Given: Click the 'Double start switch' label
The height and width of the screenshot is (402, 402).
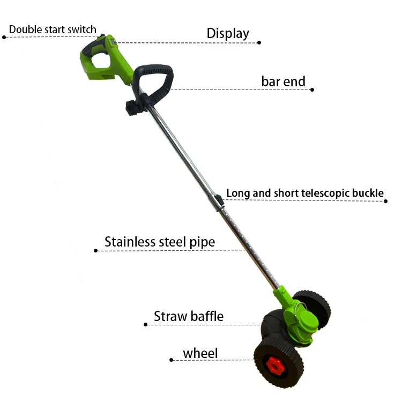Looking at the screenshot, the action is pyautogui.click(x=53, y=29).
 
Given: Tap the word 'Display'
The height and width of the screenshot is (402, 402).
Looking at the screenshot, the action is pyautogui.click(x=228, y=33).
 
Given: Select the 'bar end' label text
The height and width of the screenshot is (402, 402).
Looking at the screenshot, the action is pyautogui.click(x=283, y=81).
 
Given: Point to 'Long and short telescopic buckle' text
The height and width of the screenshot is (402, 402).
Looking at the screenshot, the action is pyautogui.click(x=304, y=193).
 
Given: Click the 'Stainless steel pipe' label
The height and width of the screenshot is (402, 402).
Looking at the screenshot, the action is pyautogui.click(x=160, y=242).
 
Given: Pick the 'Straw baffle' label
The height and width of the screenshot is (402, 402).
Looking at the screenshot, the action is pyautogui.click(x=188, y=316).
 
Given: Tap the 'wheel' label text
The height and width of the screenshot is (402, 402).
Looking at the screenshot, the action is pyautogui.click(x=200, y=353).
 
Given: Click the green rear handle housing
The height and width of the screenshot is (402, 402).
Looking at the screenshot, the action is pyautogui.click(x=105, y=58).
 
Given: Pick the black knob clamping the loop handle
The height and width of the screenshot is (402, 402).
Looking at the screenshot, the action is pyautogui.click(x=131, y=106).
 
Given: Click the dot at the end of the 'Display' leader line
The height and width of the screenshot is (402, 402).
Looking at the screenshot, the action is pyautogui.click(x=259, y=42).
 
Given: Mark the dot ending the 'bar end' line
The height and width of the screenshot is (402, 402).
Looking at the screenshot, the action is pyautogui.click(x=312, y=90).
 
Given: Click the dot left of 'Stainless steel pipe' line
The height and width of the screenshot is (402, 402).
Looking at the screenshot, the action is pyautogui.click(x=95, y=250).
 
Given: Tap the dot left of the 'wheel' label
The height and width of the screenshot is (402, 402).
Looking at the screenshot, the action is pyautogui.click(x=170, y=360).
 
